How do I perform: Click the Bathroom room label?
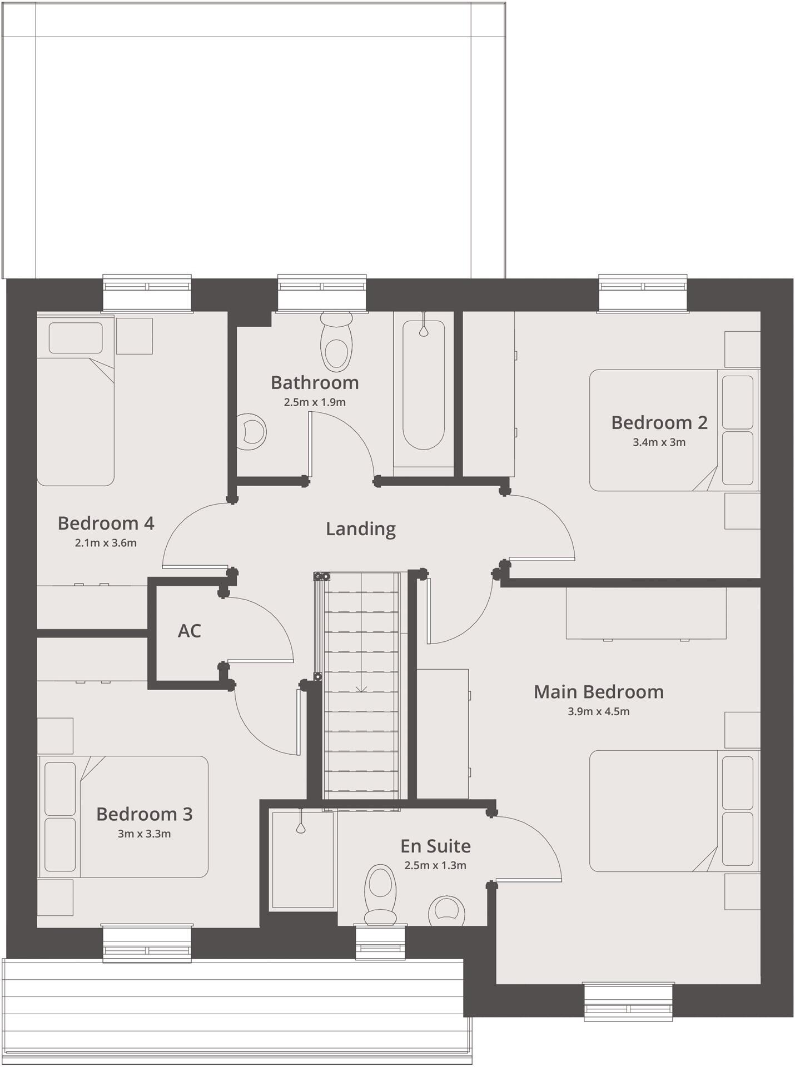tap(315, 383)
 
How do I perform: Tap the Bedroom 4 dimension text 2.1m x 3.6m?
tap(106, 543)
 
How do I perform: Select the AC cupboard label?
tap(189, 631)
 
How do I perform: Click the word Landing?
tap(360, 528)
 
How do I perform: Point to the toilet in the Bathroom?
tap(336, 341)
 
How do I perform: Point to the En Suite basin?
tap(447, 911)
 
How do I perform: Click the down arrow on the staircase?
tap(361, 689)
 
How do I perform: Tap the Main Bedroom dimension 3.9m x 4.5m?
tap(598, 711)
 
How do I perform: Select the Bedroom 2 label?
tap(659, 423)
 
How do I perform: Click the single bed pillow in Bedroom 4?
tap(76, 338)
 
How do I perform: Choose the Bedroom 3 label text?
tap(144, 814)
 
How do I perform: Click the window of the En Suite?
tap(380, 943)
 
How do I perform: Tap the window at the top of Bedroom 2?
tap(642, 293)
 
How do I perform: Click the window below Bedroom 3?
tap(147, 943)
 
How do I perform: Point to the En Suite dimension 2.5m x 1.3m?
tap(435, 865)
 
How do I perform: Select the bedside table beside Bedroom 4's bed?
tap(134, 336)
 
